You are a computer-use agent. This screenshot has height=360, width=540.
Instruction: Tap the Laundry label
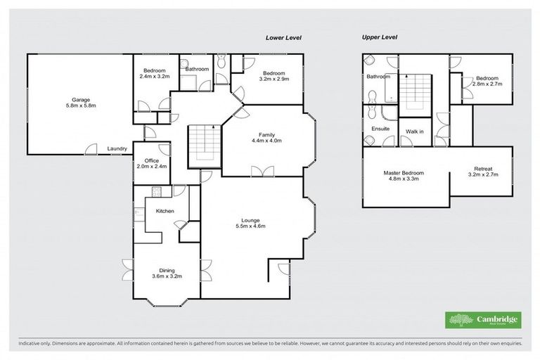click(x=117, y=148)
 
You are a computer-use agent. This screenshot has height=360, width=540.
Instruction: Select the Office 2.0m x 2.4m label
click(x=152, y=163)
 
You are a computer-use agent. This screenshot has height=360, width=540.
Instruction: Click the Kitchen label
click(x=165, y=211)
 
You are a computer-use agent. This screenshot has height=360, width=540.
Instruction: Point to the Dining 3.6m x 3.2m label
click(x=167, y=274)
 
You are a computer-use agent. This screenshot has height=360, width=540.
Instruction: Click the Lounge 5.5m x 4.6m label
click(x=250, y=224)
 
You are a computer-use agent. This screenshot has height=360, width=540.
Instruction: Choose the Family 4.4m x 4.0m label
click(x=266, y=137)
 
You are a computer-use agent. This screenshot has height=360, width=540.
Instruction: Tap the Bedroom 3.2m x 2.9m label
click(x=274, y=77)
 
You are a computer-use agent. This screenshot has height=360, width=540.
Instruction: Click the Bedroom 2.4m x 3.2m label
click(x=154, y=74)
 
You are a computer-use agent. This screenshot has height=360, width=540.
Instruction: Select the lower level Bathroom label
click(x=197, y=69)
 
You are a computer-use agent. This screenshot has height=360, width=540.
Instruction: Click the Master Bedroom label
click(x=403, y=176)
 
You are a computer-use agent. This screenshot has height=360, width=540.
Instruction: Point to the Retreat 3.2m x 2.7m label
click(x=482, y=172)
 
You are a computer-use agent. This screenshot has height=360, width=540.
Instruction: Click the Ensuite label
click(x=380, y=129)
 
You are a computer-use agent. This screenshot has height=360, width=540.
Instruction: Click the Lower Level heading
click(x=283, y=38)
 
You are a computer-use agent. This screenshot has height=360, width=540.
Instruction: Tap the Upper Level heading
click(x=380, y=37)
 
